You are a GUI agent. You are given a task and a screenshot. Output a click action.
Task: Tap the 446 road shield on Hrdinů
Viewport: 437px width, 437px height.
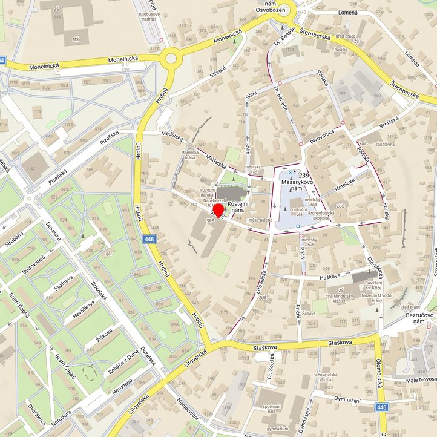pos(149,240)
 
